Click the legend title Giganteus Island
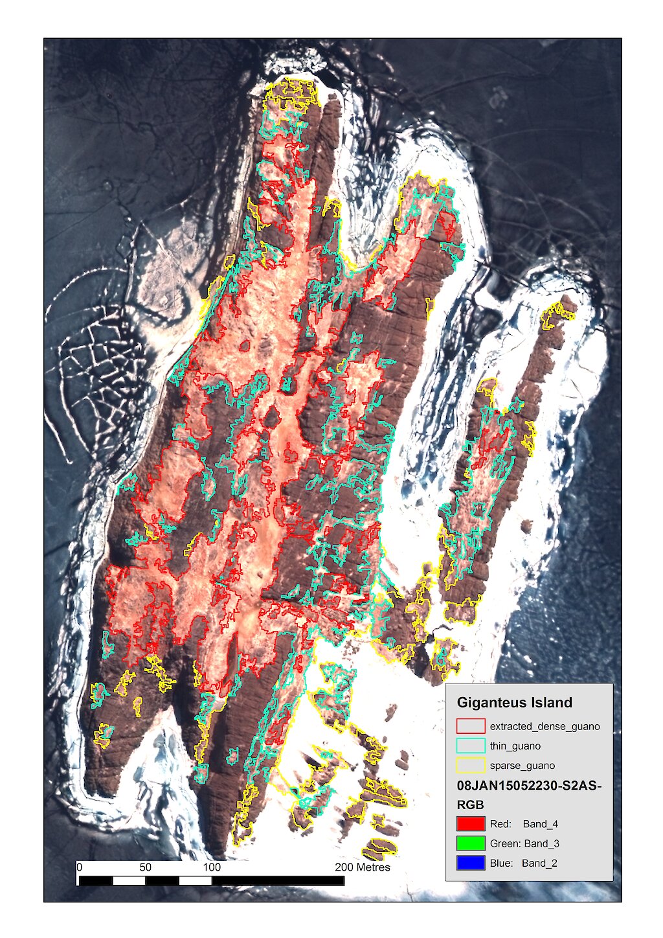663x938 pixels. tap(514, 703)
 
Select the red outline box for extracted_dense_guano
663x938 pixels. tap(471, 726)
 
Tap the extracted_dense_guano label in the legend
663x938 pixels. tap(545, 726)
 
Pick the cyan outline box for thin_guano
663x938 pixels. tap(471, 746)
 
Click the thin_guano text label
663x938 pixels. tap(515, 746)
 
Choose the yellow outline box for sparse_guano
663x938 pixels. tap(471, 765)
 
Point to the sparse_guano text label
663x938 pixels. tap(522, 766)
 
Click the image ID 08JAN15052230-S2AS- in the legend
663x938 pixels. tap(529, 786)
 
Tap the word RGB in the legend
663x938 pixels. tap(471, 805)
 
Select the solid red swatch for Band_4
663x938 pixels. tap(471, 824)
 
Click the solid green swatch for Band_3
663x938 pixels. tap(471, 843)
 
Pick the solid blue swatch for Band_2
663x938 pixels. tap(471, 863)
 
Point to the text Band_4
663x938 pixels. tap(541, 824)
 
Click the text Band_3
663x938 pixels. tap(541, 843)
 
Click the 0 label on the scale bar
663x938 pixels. tap(79, 867)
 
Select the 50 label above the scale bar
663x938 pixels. tap(145, 867)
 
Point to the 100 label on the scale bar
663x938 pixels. tap(212, 867)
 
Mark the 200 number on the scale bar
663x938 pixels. tap(344, 867)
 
